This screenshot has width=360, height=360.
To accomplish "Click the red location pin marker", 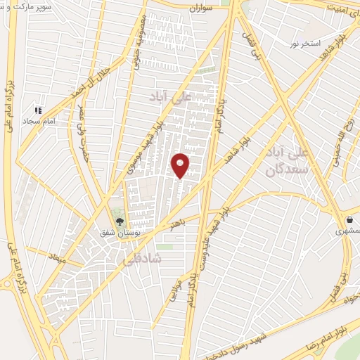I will click(181, 165).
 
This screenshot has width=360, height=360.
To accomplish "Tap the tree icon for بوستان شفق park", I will click(119, 221).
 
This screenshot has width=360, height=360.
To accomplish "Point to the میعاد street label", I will click(56, 259).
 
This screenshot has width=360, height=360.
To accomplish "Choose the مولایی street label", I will click(175, 290).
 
